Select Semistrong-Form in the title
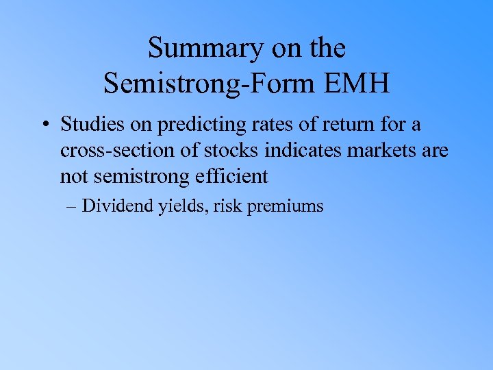pos(207,84)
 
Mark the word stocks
pos(238,151)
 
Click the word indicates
pos(314,151)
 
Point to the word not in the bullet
pos(74,176)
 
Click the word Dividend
pos(116,205)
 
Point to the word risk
pos(228,205)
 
